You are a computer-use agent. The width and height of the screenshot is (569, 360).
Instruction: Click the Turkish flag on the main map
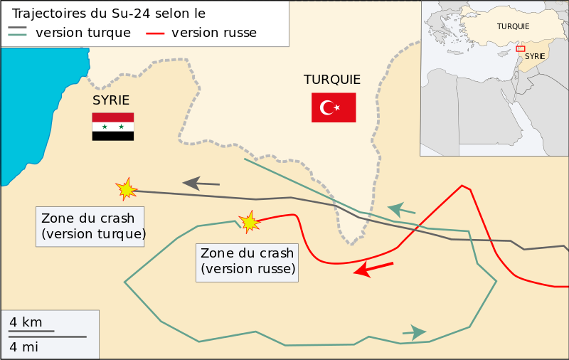(333, 107)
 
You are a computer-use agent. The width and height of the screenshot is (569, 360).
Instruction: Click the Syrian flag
(112, 126)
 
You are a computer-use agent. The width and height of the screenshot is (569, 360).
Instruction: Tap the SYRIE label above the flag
(111, 100)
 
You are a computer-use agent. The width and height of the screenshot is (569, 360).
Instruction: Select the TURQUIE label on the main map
(331, 80)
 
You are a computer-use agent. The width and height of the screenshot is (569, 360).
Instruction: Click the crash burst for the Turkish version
(126, 189)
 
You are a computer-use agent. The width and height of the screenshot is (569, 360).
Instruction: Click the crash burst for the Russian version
(249, 222)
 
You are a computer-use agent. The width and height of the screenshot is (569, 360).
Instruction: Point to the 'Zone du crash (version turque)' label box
(90, 226)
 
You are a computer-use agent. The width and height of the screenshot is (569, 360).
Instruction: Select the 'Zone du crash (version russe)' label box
(248, 261)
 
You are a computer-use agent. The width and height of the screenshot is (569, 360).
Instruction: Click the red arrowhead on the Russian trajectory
(363, 270)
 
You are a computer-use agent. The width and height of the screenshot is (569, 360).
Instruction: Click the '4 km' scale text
(26, 322)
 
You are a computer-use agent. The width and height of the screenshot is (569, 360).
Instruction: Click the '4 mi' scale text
(23, 347)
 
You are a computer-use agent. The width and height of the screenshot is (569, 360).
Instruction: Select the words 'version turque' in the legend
(83, 33)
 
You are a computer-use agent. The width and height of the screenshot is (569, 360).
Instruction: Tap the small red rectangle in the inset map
(521, 49)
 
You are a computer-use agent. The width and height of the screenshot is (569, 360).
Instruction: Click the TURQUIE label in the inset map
(513, 26)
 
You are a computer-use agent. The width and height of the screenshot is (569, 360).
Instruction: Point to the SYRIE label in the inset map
(535, 55)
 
